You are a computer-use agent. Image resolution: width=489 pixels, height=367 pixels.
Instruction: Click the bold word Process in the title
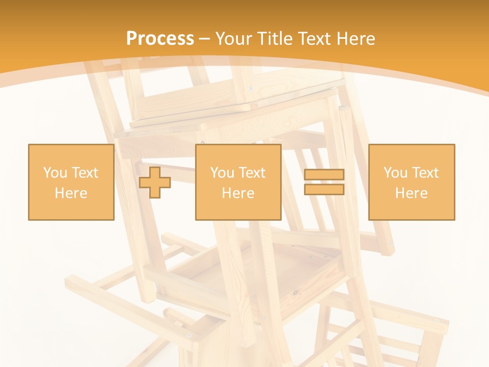pos(160,39)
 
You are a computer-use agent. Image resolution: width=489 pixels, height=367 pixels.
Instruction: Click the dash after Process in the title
pos(204,39)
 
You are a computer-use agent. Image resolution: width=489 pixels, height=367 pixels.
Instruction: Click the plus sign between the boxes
pos(155,182)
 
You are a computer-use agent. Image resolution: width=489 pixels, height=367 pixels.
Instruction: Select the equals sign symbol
pos(324,182)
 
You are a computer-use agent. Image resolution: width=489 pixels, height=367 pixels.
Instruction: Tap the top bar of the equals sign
pos(324,174)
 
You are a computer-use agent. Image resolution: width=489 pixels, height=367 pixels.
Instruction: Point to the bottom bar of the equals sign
pos(324,190)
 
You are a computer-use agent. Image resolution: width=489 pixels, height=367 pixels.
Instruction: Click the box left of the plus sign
pos(71,182)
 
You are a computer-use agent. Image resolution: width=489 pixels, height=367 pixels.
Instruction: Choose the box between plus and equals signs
pos(238,182)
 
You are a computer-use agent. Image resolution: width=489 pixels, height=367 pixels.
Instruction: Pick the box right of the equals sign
pos(411,182)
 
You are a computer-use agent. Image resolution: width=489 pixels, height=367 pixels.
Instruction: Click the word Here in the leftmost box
pos(71,193)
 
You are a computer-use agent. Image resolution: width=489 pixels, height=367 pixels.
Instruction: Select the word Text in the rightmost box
pos(425,173)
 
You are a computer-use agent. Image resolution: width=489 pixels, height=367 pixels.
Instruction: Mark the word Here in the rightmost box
pos(411,193)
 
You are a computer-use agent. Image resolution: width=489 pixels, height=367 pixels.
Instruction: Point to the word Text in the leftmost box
pos(85,173)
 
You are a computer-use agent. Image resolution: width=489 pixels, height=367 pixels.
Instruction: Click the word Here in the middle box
pos(238,193)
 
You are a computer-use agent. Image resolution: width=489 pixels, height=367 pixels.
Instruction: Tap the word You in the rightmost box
pos(395,173)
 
